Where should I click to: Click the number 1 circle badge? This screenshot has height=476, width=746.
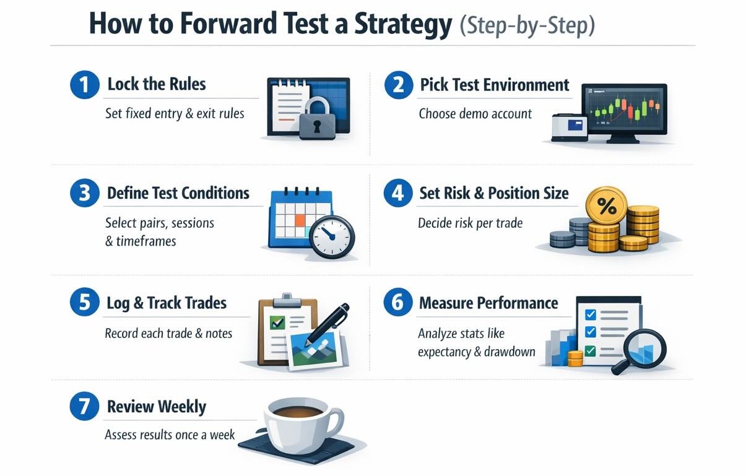point(84,85)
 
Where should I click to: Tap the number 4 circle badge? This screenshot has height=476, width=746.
point(397,194)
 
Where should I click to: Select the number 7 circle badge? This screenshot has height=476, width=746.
point(84,408)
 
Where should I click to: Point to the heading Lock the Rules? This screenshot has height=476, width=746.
point(157,84)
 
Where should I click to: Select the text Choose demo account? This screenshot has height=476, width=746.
point(475,114)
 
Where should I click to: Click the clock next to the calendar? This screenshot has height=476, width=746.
point(332,236)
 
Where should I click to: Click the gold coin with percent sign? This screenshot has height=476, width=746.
point(606,206)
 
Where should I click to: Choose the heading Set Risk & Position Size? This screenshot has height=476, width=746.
point(493,193)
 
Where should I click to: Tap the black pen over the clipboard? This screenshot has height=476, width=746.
point(328,323)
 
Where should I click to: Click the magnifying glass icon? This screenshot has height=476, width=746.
point(641,350)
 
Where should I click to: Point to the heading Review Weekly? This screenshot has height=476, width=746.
point(157,407)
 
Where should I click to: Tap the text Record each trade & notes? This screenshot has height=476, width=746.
point(168,334)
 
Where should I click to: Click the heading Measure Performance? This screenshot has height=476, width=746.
point(488,303)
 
